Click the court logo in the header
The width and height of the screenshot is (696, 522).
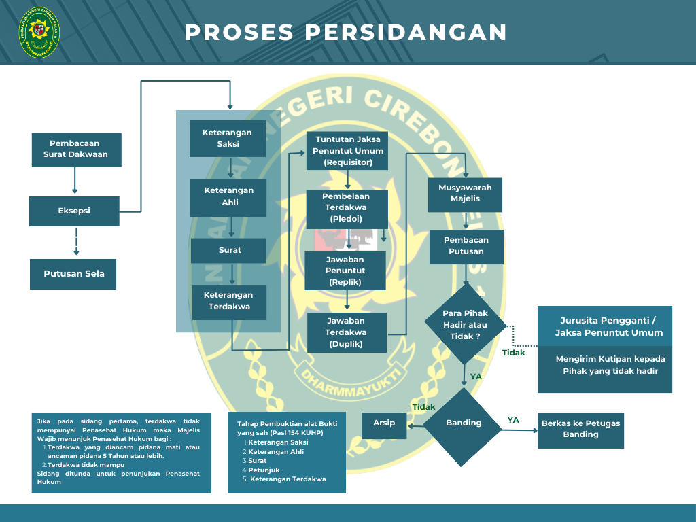point(39,32)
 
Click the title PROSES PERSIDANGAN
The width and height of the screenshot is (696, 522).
point(346,32)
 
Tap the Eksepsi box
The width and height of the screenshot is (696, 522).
point(74,211)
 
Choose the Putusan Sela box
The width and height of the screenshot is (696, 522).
point(73,274)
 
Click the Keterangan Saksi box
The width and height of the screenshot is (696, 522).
point(227,138)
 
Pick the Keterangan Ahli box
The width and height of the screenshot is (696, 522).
point(228,196)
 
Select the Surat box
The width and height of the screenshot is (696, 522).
point(229,250)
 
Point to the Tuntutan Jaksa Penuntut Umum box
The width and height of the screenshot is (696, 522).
point(348,151)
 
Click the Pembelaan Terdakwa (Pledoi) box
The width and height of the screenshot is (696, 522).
point(347,208)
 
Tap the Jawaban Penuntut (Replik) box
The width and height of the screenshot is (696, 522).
point(345,271)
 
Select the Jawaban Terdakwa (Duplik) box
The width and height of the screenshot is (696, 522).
point(347,332)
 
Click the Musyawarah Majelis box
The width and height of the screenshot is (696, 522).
point(465,193)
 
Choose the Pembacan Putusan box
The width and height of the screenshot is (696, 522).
point(466,246)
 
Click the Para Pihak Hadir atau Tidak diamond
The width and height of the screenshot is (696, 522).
point(466,325)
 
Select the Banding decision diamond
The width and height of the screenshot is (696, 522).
point(464,423)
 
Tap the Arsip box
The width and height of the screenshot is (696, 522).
point(384,423)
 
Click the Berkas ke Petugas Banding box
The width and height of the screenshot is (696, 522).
point(580,429)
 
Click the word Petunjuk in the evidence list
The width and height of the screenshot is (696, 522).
point(264,470)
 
